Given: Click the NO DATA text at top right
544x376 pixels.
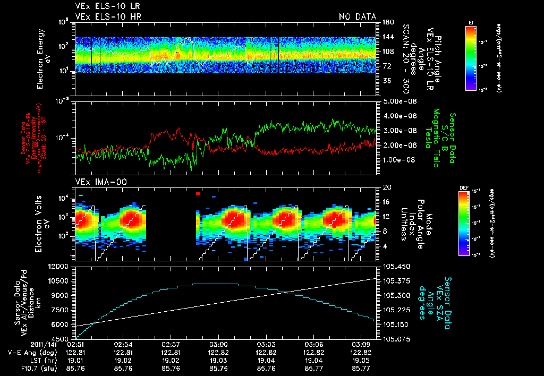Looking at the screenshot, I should click(357, 16).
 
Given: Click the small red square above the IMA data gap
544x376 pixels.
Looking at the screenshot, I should click(198, 194).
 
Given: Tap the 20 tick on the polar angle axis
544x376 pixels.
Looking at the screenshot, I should click(386, 187).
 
